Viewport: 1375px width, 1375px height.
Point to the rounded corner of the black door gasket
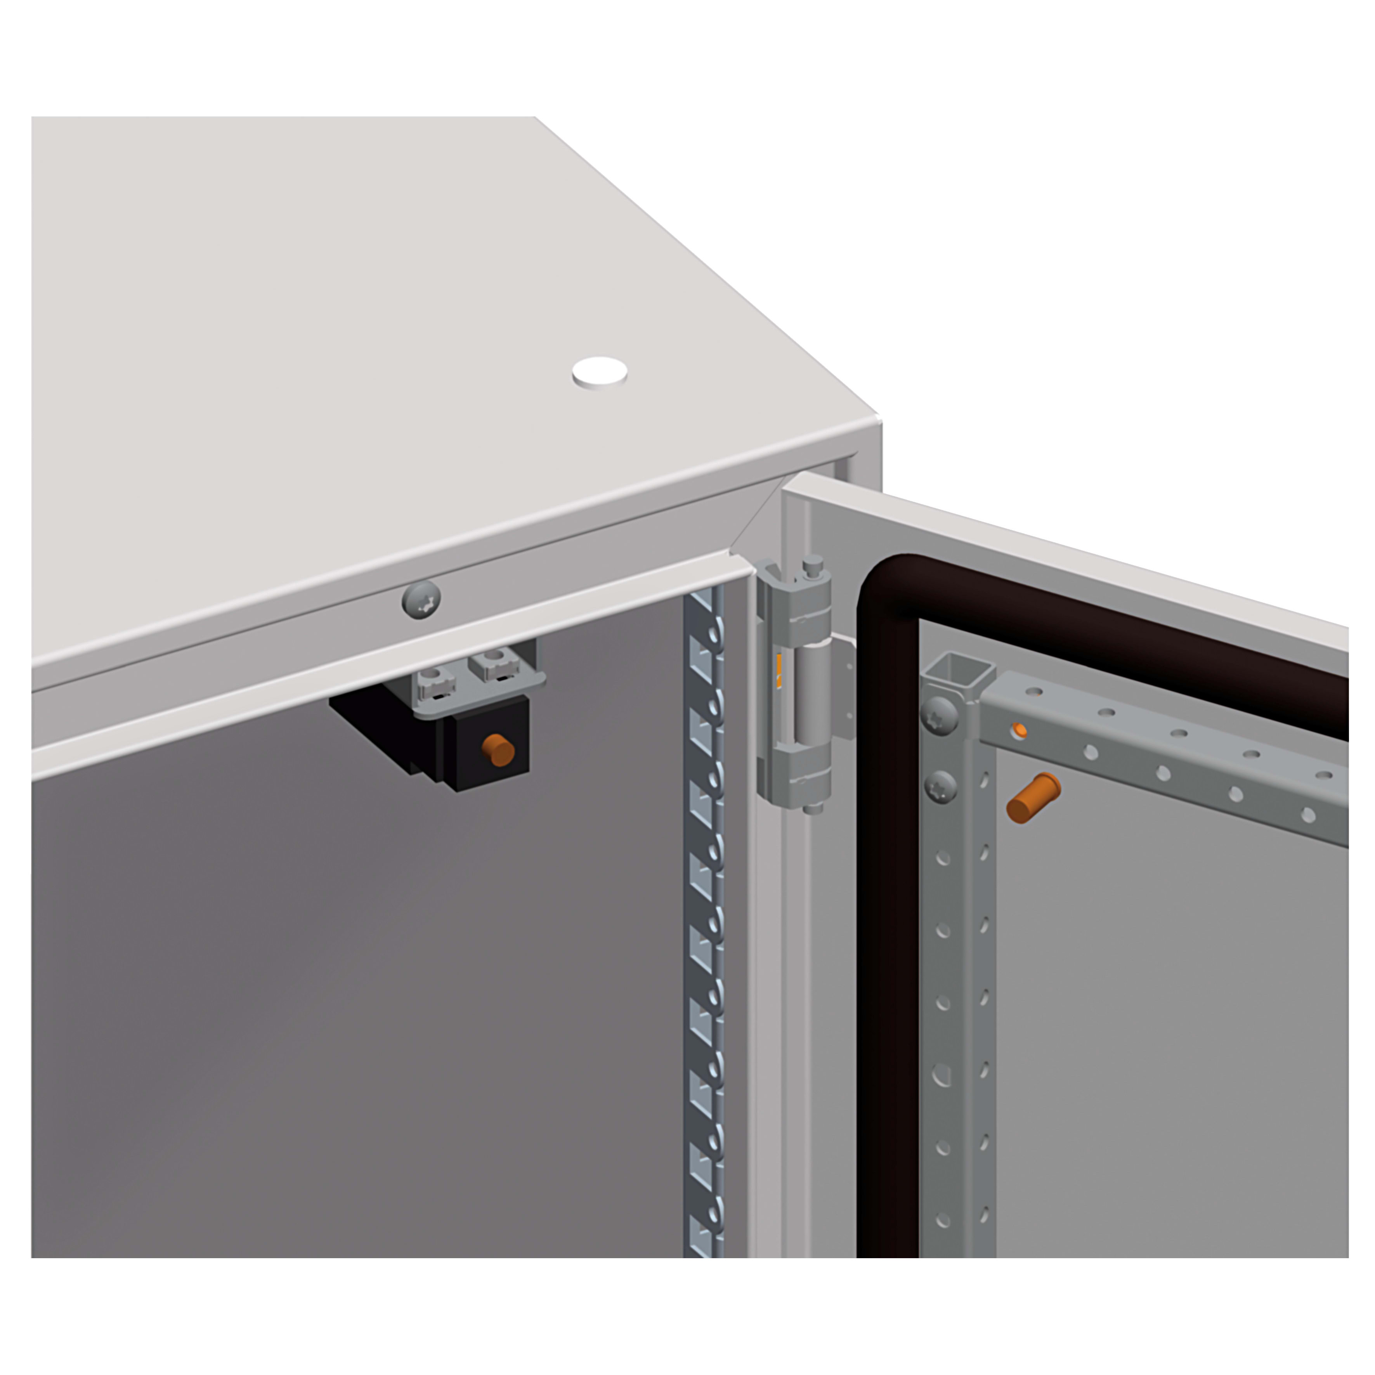883,584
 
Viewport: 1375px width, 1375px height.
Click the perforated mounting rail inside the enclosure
703,925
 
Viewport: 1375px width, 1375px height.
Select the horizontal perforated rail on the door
1167,754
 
